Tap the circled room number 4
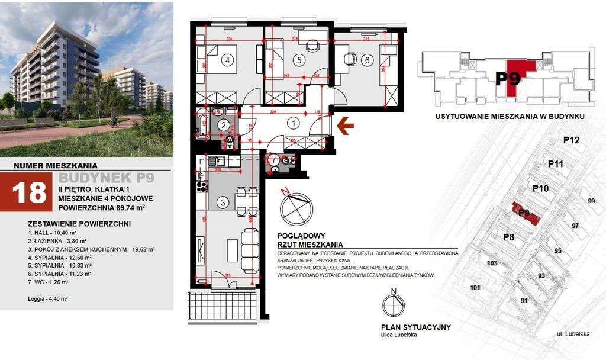pyautogui.click(x=226, y=60)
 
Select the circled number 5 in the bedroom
pyautogui.click(x=299, y=59)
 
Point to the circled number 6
pyautogui.click(x=367, y=59)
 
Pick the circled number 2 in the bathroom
pyautogui.click(x=223, y=125)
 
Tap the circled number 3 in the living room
pyautogui.click(x=223, y=202)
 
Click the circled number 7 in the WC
pyautogui.click(x=274, y=160)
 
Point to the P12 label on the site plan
pyautogui.click(x=571, y=140)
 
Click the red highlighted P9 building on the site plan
pyautogui.click(x=524, y=214)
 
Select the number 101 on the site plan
pyautogui.click(x=475, y=288)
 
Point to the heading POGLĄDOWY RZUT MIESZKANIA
pyautogui.click(x=311, y=239)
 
